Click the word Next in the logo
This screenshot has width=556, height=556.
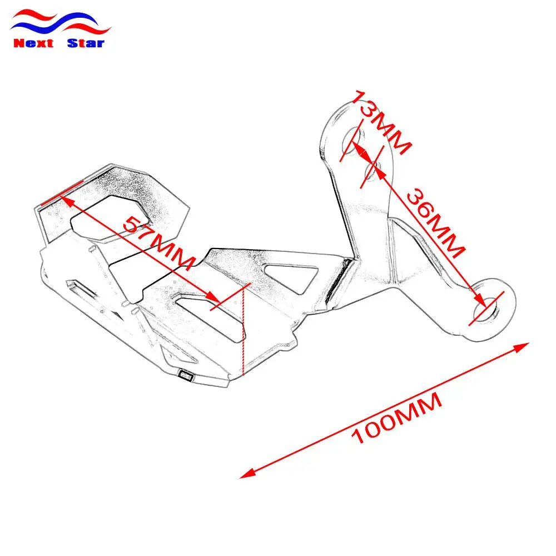33,43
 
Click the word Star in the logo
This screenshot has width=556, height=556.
86,43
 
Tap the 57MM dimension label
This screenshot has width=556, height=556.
159,243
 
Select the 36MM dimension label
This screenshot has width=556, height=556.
435,224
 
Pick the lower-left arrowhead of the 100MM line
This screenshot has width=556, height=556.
248,473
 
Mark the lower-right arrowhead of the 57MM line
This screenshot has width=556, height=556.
214,296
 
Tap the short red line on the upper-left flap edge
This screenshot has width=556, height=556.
62,192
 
